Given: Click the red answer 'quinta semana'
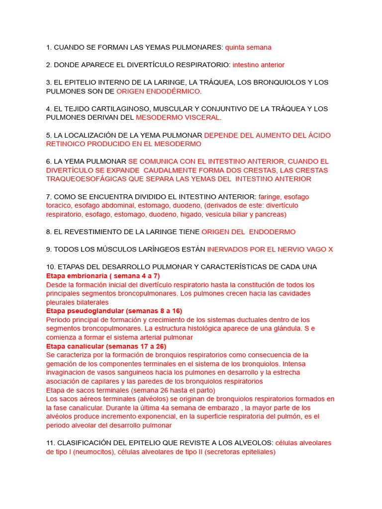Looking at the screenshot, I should tap(248, 48).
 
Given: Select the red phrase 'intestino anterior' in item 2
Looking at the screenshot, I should tap(258, 65).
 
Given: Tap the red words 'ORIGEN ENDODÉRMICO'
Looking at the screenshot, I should tap(158, 91).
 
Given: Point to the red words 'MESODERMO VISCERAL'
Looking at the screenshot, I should tap(178, 118).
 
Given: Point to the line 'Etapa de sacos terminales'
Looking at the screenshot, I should tap(88, 390).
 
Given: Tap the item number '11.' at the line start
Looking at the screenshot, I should tap(51, 442).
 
